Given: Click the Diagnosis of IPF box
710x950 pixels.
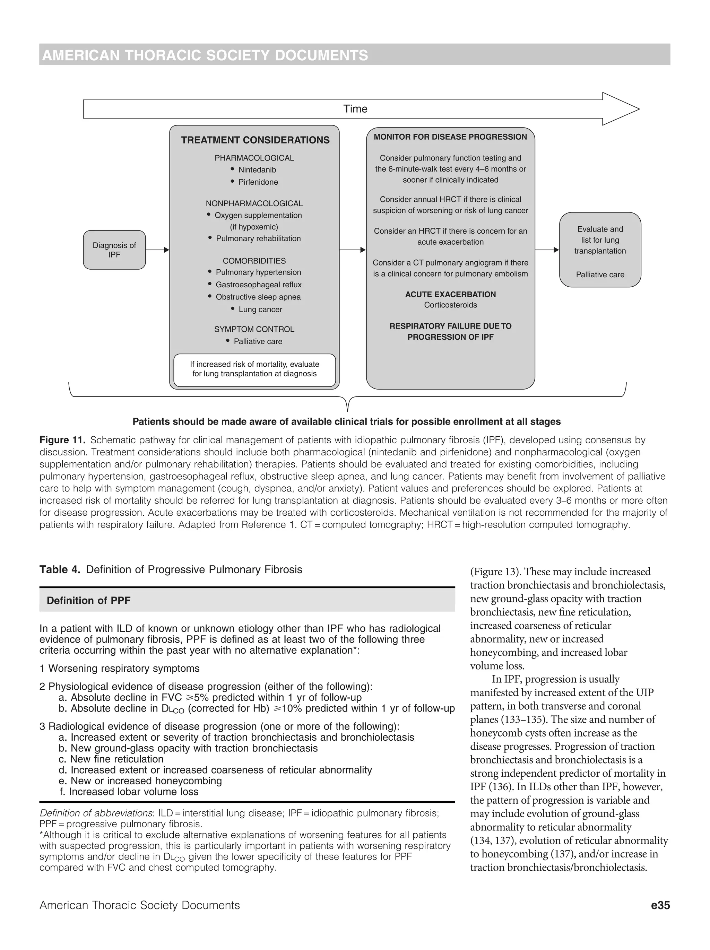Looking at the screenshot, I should click(114, 250).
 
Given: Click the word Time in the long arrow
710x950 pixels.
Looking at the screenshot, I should click(355, 109).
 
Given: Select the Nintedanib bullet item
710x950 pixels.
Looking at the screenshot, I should click(257, 169).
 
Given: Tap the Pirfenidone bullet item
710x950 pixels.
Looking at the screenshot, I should click(258, 182).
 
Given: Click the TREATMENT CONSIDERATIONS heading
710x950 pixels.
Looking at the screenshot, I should click(255, 140).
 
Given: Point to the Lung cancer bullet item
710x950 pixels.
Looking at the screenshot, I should click(260, 309).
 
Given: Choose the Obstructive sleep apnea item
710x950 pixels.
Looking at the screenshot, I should click(258, 297).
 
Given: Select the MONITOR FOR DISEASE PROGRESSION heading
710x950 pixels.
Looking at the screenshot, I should click(450, 137).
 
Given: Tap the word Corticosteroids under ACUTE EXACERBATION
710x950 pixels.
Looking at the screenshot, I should click(450, 305).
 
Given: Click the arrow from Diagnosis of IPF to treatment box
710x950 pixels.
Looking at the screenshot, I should click(157, 250).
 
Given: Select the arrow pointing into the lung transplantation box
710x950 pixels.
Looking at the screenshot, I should click(547, 250).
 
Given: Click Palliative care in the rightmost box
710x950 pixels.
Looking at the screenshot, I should click(600, 274).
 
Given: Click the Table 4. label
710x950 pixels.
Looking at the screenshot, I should click(60, 569).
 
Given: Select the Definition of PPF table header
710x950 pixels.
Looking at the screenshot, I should click(88, 600).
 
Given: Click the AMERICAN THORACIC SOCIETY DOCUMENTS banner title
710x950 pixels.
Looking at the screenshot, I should click(205, 55).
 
